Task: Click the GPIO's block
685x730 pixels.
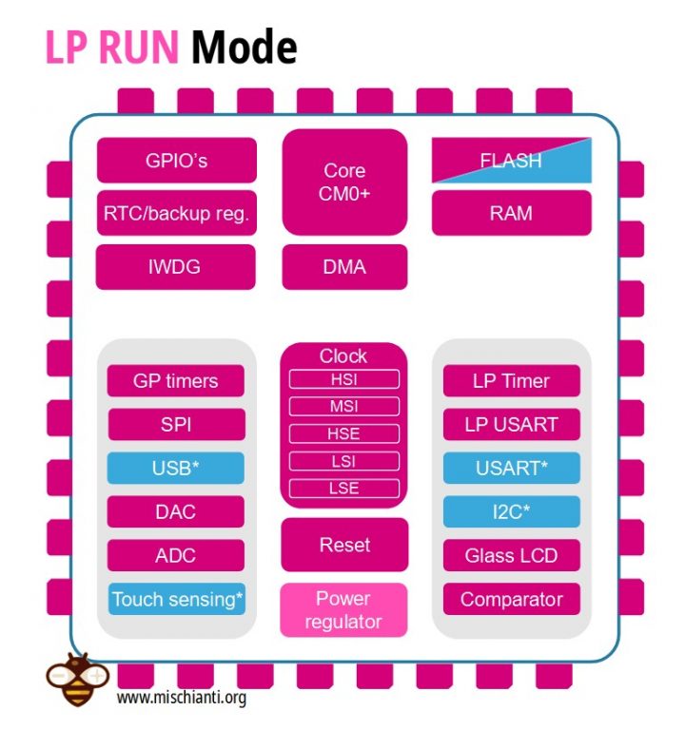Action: point(176,160)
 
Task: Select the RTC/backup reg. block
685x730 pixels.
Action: point(176,213)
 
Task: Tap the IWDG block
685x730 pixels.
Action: point(176,267)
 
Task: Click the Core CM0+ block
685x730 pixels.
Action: point(344,182)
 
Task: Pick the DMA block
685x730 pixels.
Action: point(344,267)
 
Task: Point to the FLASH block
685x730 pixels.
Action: point(511,161)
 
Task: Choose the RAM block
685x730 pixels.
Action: point(511,213)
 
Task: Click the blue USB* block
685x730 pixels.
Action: point(175,468)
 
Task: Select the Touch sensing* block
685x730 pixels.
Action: point(177,599)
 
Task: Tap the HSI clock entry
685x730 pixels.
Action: point(343,380)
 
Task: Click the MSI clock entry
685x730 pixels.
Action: point(343,407)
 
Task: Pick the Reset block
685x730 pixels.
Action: point(344,545)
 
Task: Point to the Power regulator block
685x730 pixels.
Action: point(343,610)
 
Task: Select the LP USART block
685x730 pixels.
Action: point(511,425)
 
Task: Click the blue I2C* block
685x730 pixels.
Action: point(511,511)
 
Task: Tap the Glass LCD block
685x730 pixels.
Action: point(511,555)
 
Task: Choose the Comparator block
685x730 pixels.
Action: point(511,599)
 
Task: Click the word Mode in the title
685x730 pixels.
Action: point(244,47)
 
